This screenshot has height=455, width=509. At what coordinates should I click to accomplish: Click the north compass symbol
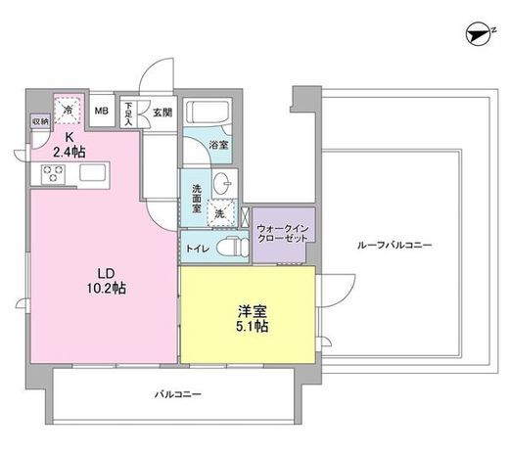481,33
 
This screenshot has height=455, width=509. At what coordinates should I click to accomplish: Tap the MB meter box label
102,111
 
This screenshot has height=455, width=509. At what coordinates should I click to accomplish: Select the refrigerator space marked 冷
68,110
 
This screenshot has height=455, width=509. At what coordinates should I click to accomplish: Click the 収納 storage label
41,121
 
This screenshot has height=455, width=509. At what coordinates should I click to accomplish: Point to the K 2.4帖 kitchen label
69,145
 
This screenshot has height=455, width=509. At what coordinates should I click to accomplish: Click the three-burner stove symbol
53,173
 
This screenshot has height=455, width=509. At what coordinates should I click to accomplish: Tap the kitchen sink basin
93,172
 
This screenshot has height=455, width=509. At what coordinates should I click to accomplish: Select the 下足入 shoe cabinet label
128,114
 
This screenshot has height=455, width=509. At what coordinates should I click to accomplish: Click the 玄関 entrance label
162,113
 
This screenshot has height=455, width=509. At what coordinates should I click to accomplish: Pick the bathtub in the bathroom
208,112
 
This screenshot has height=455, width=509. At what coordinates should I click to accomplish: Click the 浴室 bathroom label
218,145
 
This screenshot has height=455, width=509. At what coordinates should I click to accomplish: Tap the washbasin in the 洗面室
223,183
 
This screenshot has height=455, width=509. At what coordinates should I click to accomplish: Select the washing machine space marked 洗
221,212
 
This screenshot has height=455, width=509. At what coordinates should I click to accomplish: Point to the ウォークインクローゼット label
283,233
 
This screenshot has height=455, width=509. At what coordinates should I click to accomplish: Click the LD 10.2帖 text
107,281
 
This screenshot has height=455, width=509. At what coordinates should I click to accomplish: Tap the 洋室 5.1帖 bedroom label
253,319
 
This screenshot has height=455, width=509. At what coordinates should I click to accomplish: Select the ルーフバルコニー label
394,245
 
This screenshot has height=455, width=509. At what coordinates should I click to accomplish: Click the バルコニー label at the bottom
178,394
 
